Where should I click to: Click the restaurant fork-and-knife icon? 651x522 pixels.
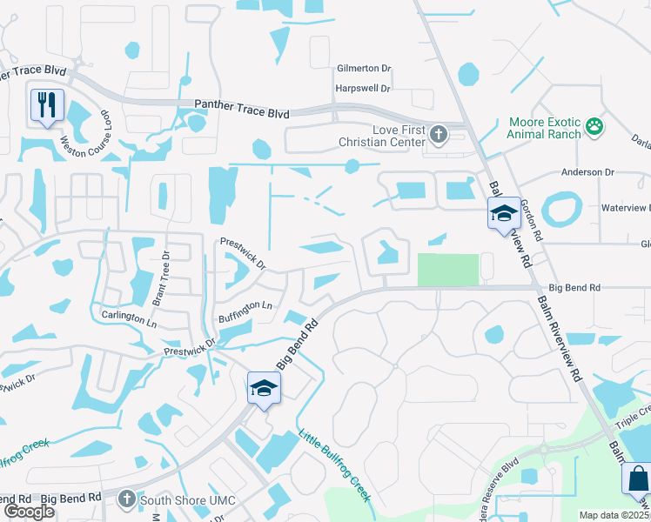click(x=47, y=105)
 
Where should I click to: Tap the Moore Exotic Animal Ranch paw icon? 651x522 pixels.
click(x=594, y=127)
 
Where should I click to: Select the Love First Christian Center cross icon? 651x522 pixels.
click(x=439, y=134)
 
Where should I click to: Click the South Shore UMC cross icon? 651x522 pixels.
click(x=126, y=499)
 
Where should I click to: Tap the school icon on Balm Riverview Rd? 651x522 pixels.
click(x=504, y=213)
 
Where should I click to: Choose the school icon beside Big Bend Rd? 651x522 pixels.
click(x=264, y=388)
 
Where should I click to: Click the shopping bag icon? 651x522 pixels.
click(x=638, y=479)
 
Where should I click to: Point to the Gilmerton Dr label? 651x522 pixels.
click(x=365, y=68)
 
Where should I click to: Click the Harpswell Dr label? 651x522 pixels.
click(x=363, y=89)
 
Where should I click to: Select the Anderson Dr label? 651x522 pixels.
click(x=587, y=173)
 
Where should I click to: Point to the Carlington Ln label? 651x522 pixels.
click(x=128, y=318)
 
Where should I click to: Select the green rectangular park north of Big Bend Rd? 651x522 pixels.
click(x=448, y=270)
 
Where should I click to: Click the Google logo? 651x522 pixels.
click(x=29, y=512)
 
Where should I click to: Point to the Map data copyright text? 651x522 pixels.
click(x=614, y=515)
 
